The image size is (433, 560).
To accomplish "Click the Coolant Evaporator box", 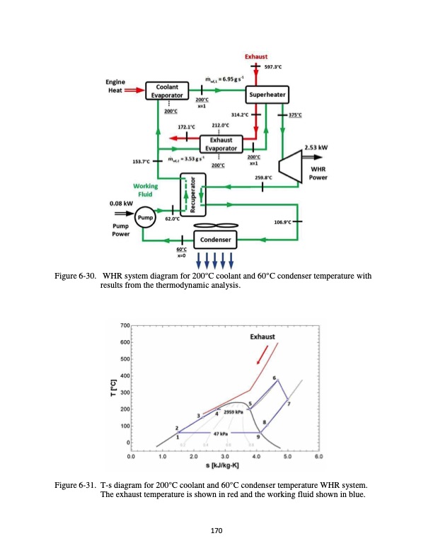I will click(x=166, y=91).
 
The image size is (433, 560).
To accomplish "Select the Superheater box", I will click(x=265, y=95).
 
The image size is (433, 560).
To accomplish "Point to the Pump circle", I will click(x=146, y=217).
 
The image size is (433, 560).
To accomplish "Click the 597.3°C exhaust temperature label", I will click(x=273, y=66).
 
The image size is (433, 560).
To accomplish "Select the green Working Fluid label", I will click(x=145, y=189).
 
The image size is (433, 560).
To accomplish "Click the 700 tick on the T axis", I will click(x=125, y=326).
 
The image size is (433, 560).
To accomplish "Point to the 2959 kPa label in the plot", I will click(x=233, y=411).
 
